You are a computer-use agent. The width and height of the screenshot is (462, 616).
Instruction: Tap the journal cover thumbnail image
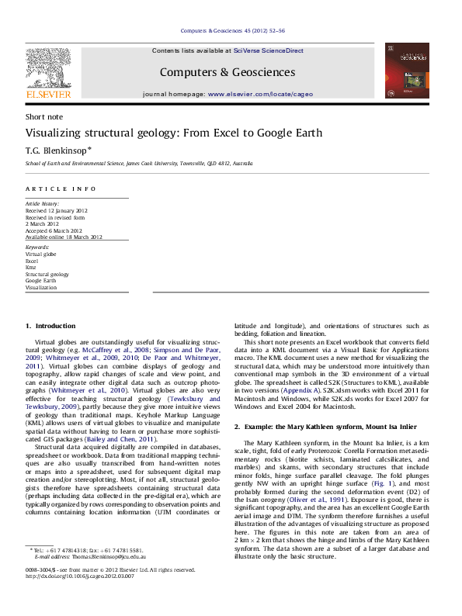[x=406, y=70]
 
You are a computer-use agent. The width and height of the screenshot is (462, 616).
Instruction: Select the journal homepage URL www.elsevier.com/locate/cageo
[x=260, y=94]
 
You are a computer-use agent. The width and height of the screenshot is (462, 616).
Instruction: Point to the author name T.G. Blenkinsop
[x=57, y=149]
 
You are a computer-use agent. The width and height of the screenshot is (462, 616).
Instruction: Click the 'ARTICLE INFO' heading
[x=61, y=189]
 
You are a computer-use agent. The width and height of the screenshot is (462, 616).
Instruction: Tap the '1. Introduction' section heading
[x=50, y=327]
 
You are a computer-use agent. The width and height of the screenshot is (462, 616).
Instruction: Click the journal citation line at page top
[x=232, y=30]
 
